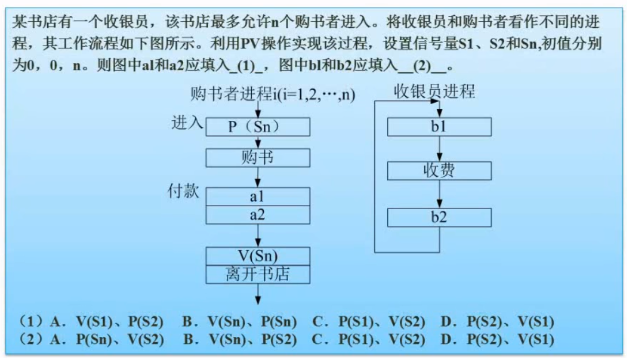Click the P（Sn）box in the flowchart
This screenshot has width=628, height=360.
pos(258,127)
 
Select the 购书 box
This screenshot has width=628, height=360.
pos(258,157)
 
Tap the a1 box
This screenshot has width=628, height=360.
pos(258,196)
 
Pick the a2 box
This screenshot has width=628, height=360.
pos(258,215)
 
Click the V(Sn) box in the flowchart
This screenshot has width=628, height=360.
pos(258,256)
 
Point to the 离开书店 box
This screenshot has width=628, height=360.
pos(258,274)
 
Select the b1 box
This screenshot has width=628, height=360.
pos(439,127)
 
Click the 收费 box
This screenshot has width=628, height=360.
pos(439,171)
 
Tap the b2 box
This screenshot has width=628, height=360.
pos(439,217)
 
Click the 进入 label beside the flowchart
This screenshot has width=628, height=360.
pos(187,123)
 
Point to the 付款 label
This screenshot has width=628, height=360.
pos(183,191)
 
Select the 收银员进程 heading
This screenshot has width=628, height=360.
pos(434,92)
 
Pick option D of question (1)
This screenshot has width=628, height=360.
pos(497,321)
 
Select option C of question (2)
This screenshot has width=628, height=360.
pos(369,340)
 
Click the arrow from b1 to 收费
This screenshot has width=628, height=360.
pos(439,149)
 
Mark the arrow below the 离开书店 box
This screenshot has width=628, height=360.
pos(258,294)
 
